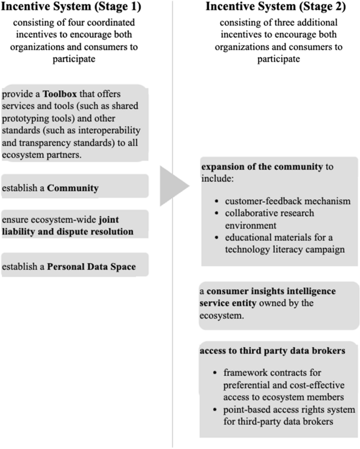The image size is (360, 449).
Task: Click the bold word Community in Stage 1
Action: click(73, 188)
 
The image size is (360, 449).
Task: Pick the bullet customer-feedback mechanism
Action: click(287, 201)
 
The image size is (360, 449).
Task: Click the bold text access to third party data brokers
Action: click(273, 351)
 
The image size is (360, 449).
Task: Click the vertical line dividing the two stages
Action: click(172, 315)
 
